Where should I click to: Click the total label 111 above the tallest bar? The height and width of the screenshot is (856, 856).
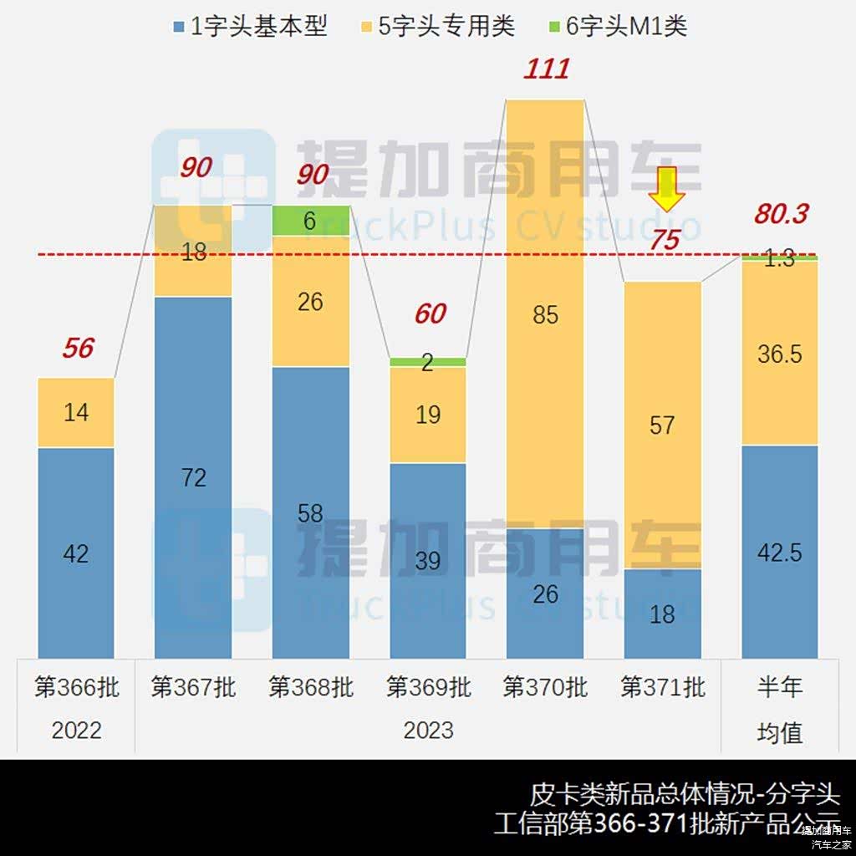point(546,69)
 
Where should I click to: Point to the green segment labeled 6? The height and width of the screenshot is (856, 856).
point(310,221)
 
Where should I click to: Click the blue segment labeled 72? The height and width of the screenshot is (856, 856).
point(193,476)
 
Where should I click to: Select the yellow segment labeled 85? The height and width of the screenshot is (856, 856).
point(545,314)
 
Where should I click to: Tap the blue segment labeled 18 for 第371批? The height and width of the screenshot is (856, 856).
point(662,614)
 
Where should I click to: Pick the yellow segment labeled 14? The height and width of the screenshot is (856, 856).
point(76,412)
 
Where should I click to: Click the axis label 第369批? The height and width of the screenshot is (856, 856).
point(428,687)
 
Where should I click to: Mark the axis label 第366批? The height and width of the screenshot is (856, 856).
point(76,687)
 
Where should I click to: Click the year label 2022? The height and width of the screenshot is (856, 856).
point(76,731)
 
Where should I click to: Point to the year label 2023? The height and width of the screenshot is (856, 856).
point(428,731)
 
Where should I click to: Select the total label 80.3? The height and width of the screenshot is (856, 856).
point(781,214)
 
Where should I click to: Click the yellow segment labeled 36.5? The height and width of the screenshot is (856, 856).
point(779,354)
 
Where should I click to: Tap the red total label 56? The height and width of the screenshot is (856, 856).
point(78,348)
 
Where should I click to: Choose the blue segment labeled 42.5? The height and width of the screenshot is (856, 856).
point(779,552)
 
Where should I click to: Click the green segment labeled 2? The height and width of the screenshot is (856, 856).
point(427,362)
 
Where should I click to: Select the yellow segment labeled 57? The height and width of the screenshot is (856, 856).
point(662,425)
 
